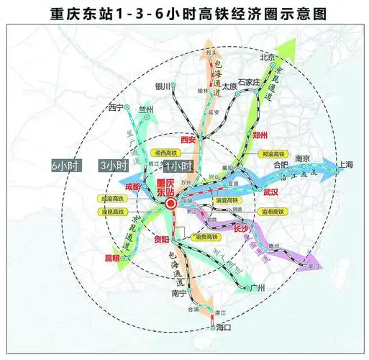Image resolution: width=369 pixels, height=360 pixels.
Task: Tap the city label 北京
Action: click(268, 57)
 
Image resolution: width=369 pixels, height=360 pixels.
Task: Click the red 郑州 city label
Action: click(260, 135)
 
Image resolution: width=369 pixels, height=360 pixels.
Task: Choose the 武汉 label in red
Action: click(270, 192)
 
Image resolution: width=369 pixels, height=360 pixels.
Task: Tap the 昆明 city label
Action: click(112, 258)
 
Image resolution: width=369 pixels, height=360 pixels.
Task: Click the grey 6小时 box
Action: click(67, 165)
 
